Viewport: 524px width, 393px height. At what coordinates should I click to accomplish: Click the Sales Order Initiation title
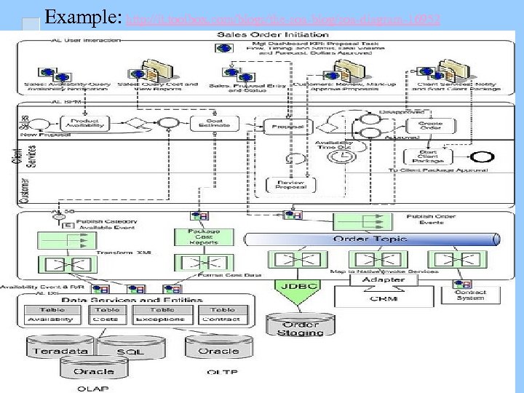257,33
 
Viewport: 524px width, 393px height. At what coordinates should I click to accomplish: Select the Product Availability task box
84,123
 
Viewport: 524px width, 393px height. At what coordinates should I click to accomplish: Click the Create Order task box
429,124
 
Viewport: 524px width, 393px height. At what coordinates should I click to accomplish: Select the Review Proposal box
290,185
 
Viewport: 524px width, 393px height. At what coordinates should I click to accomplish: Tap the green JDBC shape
298,288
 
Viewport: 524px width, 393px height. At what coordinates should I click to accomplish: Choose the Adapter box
383,279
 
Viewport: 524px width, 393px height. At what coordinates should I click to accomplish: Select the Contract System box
470,294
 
